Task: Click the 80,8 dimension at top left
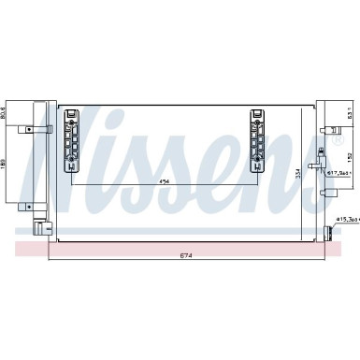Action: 5,113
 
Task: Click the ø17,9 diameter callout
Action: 338,173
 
